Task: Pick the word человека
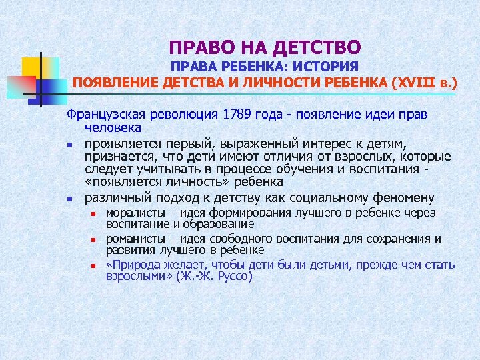point(113,127)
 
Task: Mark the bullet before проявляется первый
point(69,144)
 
